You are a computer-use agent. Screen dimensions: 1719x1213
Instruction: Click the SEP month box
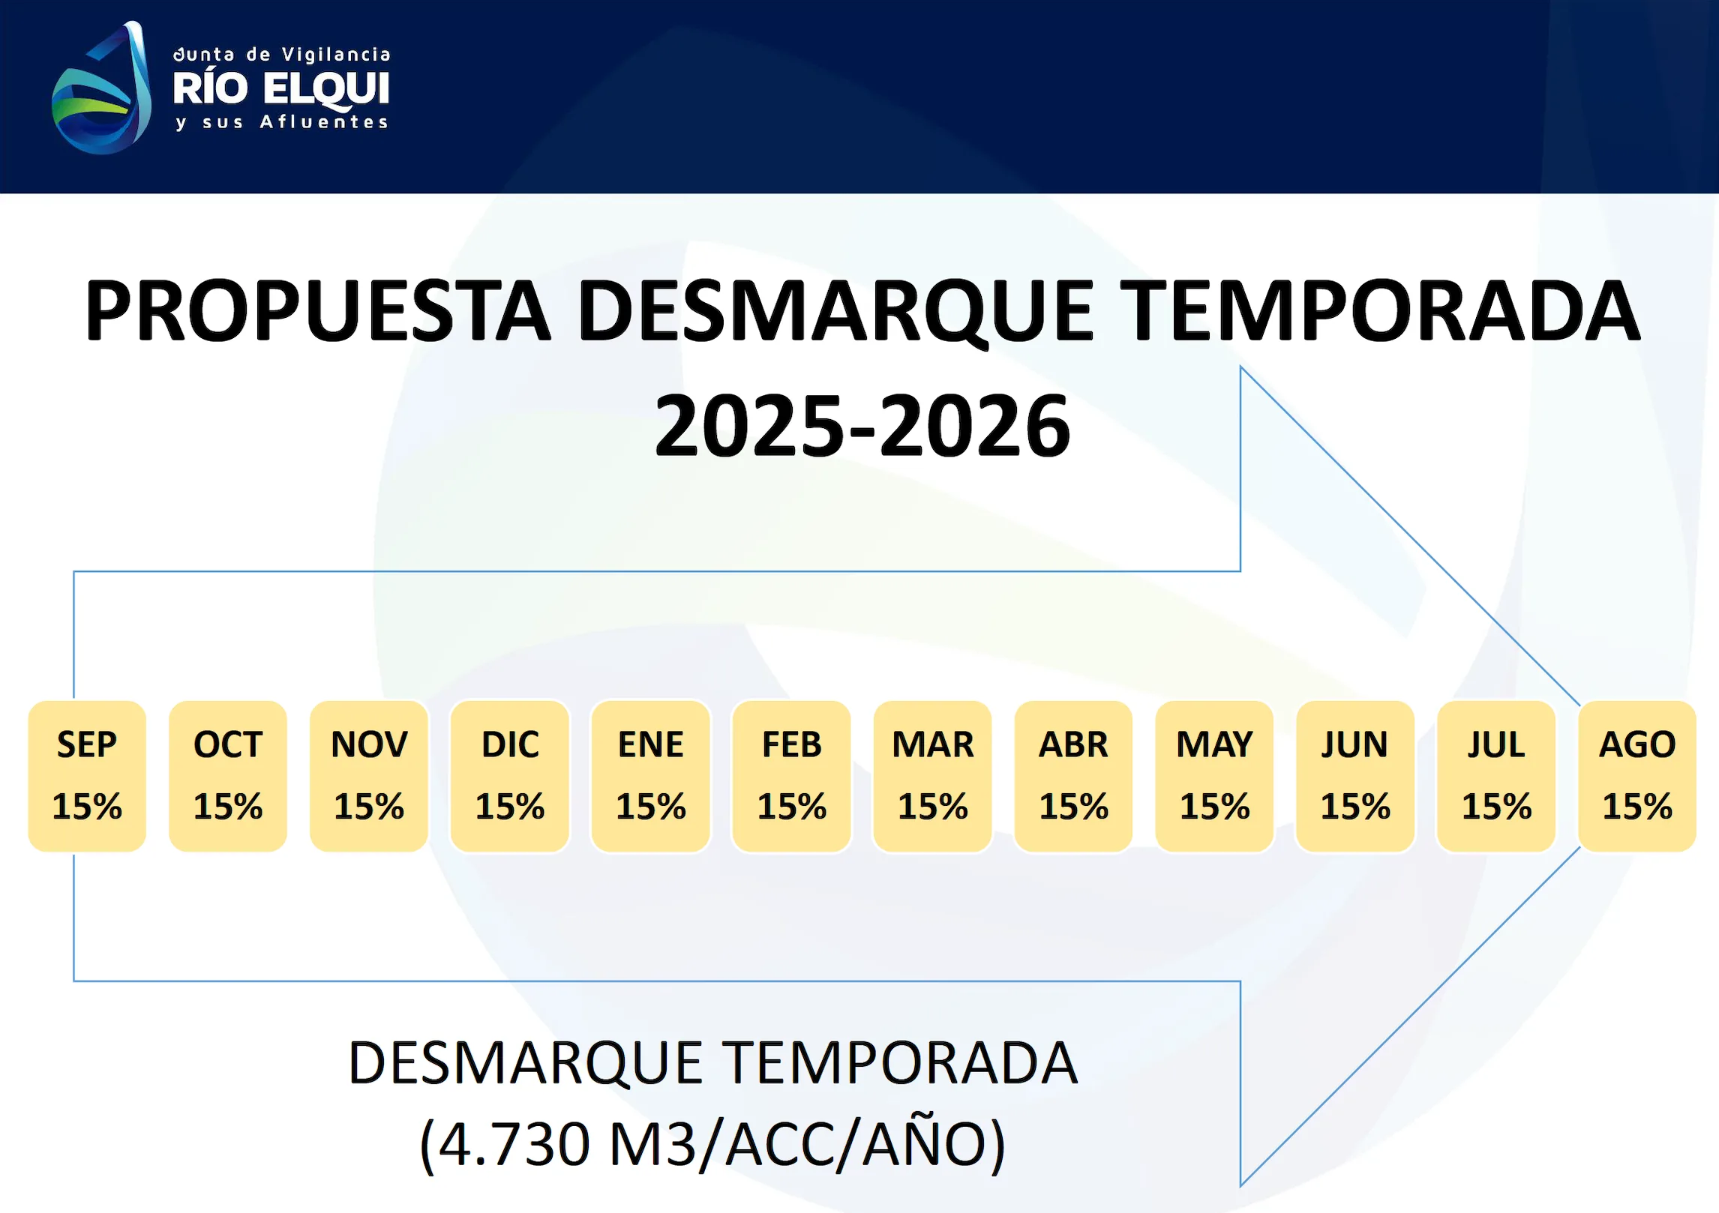pos(87,776)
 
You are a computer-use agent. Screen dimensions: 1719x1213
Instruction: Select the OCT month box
pos(228,776)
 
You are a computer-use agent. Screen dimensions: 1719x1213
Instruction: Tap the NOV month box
pos(369,776)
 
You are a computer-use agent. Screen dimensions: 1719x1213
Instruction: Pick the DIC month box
pos(510,776)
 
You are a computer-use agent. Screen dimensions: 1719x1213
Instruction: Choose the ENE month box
pos(651,776)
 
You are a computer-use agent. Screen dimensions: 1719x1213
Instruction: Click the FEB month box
pos(792,776)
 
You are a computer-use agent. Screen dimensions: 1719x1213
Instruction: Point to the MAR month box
pos(933,776)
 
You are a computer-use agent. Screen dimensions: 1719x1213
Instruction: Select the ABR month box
pos(1074,776)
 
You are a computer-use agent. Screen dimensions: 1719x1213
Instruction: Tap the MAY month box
pos(1215,776)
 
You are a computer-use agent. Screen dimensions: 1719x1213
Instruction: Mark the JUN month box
pos(1356,776)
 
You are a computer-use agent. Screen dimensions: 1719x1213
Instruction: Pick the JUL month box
pos(1497,776)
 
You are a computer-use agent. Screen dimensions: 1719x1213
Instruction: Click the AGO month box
pos(1638,776)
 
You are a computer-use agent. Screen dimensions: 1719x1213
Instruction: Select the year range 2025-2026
pos(862,425)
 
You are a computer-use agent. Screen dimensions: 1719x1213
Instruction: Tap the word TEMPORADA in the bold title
pos(1384,310)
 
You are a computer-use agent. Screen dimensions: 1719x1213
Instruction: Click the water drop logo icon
pos(101,88)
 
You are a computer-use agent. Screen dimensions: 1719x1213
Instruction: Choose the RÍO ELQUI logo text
pos(281,89)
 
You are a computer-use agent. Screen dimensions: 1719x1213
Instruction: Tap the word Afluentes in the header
pos(324,122)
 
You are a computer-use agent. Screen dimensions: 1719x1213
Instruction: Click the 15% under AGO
pos(1638,807)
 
